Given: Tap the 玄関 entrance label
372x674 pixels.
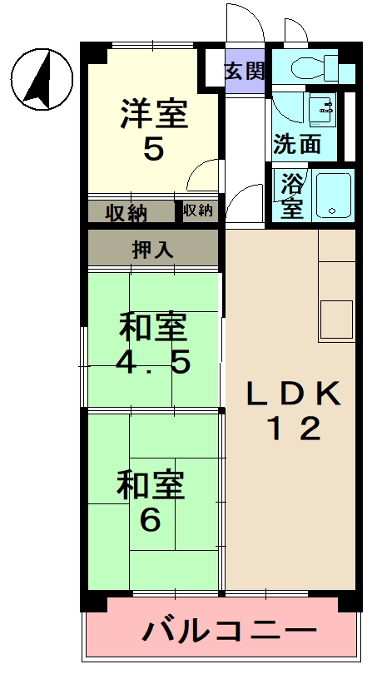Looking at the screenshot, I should coord(244,71).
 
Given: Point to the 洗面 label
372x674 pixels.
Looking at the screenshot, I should coord(297,144).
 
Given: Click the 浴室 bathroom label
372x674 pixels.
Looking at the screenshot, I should coord(291,196).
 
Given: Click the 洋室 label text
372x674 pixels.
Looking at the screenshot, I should coord(153,114).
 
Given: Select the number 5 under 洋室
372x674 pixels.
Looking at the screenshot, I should coord(153,150).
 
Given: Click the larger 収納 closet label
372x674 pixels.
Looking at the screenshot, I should coord(126,212).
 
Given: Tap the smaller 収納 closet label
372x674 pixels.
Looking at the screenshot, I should coord(198,211).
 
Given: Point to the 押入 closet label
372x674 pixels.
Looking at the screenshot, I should coord(153,250).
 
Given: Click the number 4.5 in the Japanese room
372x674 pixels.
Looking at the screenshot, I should coord(153,363).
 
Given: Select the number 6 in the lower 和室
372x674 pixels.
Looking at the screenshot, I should coord(151,520).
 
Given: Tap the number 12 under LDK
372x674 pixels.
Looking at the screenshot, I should coord(292,429).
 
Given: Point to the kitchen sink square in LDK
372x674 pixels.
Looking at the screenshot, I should coord(335,319).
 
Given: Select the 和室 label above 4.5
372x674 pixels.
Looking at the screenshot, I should coord(153,328).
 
